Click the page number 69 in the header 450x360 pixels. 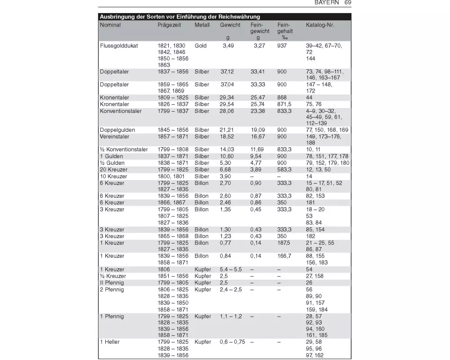[x=348, y=3]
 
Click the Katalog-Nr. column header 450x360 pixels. [x=320, y=25]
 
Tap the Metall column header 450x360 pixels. [x=202, y=25]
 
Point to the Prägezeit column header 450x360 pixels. [x=169, y=25]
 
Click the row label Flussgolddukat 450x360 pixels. [x=119, y=46]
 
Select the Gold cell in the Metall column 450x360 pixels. [x=201, y=46]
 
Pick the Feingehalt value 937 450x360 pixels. [x=283, y=46]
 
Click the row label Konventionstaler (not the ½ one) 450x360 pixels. [x=121, y=111]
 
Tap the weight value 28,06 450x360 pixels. [x=227, y=111]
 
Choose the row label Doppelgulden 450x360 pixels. [x=117, y=130]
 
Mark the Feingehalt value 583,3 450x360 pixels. [x=284, y=170]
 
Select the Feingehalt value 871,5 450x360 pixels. [x=284, y=104]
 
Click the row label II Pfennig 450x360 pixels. [x=112, y=283]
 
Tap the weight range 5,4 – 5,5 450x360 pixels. [x=231, y=270]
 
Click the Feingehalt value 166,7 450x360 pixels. [x=284, y=256]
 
